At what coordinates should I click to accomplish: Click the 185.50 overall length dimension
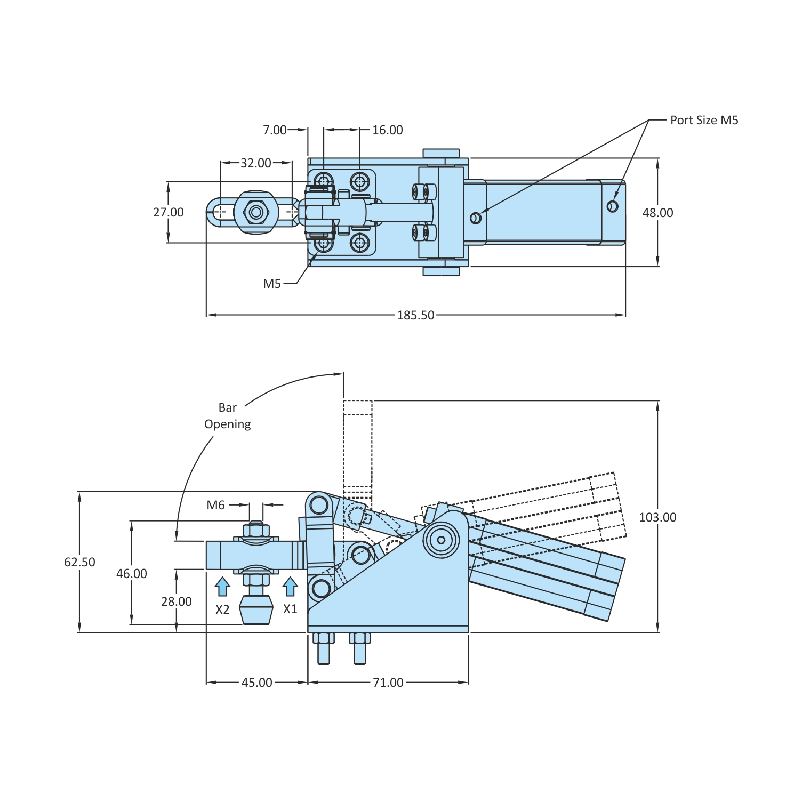tap(415, 315)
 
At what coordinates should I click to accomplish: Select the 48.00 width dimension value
tap(657, 213)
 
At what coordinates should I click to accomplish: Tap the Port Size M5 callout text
tap(704, 120)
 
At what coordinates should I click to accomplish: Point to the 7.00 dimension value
tap(275, 130)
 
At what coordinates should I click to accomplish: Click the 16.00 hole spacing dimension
tap(388, 130)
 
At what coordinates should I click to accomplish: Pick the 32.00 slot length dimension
tap(255, 163)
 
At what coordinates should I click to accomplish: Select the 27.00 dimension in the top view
tap(169, 212)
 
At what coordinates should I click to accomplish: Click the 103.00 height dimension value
tap(657, 517)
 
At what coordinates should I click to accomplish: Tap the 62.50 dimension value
tap(80, 562)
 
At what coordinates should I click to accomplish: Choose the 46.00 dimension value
tap(132, 574)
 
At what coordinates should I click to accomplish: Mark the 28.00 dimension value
tap(177, 601)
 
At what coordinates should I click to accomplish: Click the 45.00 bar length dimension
tap(257, 683)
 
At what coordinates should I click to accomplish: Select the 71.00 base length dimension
tap(388, 683)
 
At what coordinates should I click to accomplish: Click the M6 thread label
tap(216, 505)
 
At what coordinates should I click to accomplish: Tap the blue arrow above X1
tap(290, 587)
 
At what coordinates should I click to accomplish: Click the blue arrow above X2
tap(222, 587)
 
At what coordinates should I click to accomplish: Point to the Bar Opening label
tap(228, 416)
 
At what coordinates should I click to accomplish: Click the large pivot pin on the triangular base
tap(441, 540)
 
